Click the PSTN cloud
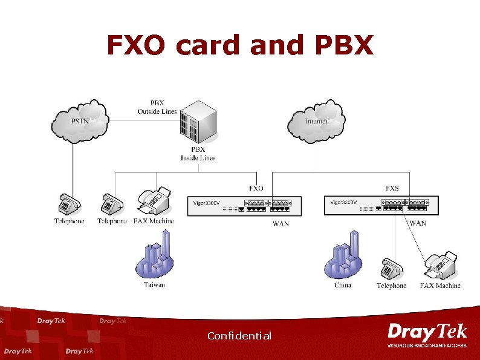click(80, 122)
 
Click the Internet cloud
click(316, 122)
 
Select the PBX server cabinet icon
click(198, 122)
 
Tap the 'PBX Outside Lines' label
click(157, 107)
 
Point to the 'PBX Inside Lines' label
click(198, 154)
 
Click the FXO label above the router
click(256, 188)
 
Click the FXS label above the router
click(392, 188)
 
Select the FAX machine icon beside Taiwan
click(154, 201)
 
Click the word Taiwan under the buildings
click(154, 284)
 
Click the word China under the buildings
click(343, 285)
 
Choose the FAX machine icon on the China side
click(441, 265)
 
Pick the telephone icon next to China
click(391, 269)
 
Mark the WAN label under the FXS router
click(418, 223)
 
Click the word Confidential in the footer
click(239, 336)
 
